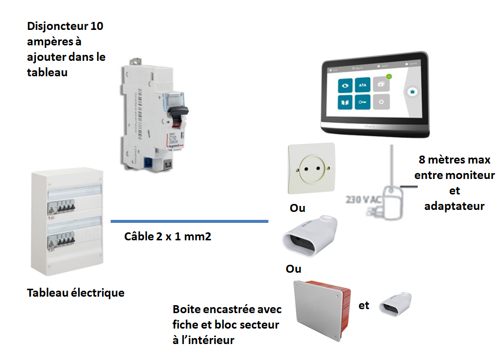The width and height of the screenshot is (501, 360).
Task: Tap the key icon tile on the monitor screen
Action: click(x=362, y=103)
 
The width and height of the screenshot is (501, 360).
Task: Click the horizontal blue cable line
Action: click(x=189, y=221)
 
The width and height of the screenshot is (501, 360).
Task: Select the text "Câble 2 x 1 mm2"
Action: click(x=167, y=236)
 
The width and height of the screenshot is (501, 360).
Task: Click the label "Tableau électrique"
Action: click(x=76, y=293)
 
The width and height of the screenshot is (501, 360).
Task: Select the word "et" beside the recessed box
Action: click(x=364, y=305)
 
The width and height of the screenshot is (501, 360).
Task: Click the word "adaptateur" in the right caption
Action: click(x=454, y=205)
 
